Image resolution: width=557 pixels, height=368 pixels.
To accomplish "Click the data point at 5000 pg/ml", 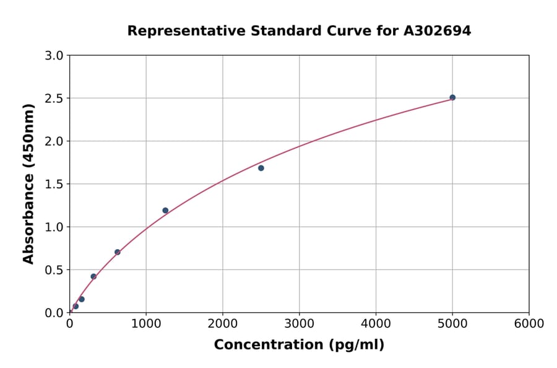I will (x=452, y=97).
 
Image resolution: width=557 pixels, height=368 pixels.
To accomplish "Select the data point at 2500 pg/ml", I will (x=261, y=168).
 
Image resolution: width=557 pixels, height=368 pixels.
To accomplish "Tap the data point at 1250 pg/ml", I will (x=165, y=211).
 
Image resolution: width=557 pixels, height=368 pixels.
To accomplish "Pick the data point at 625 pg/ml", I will (x=118, y=252).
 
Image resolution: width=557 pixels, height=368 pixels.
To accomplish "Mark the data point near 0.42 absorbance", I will (x=93, y=276).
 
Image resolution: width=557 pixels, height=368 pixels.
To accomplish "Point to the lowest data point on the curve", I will (x=76, y=306).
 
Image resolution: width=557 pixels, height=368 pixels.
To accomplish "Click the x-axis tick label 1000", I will (x=146, y=324).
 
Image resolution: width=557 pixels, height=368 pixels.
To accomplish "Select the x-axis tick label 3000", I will (x=300, y=324).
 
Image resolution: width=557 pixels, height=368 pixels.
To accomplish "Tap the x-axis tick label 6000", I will (x=529, y=324).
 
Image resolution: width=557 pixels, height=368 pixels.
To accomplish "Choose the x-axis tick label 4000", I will (x=376, y=324).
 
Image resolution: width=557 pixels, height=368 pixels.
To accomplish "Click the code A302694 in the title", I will (x=437, y=31).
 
